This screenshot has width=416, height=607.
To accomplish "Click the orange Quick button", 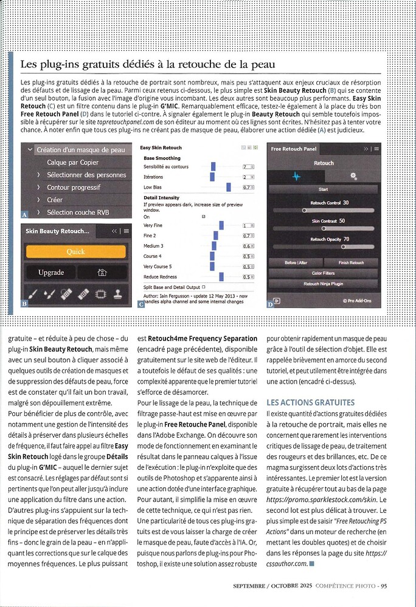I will tap(75, 252).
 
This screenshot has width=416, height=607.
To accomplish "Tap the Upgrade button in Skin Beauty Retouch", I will tap(51, 273).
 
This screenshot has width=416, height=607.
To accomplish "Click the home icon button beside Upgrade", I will tap(102, 273).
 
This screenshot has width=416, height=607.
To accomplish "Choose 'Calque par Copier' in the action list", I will tap(72, 163).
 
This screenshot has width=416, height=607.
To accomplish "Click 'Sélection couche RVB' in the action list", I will tap(78, 212).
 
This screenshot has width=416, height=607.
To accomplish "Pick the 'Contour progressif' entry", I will tap(74, 188).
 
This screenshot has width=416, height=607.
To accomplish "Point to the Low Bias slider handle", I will tap(229, 188).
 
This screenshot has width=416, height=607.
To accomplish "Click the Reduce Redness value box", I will tap(248, 277).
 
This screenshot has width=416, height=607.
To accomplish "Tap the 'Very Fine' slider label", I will tap(154, 225).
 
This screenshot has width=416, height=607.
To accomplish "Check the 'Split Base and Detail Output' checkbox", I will tap(203, 287).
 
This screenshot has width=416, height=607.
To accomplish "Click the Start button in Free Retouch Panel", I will tap(323, 189).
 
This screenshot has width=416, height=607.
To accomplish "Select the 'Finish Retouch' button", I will tap(352, 263).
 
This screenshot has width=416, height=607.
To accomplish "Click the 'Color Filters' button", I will tap(324, 273).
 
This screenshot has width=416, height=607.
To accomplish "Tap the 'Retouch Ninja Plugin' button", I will tap(324, 283).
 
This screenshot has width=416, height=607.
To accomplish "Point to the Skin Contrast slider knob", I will tap(323, 229).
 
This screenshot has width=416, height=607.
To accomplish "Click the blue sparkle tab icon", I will tap(297, 176).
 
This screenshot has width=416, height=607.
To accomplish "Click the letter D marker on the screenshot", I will tap(270, 304).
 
